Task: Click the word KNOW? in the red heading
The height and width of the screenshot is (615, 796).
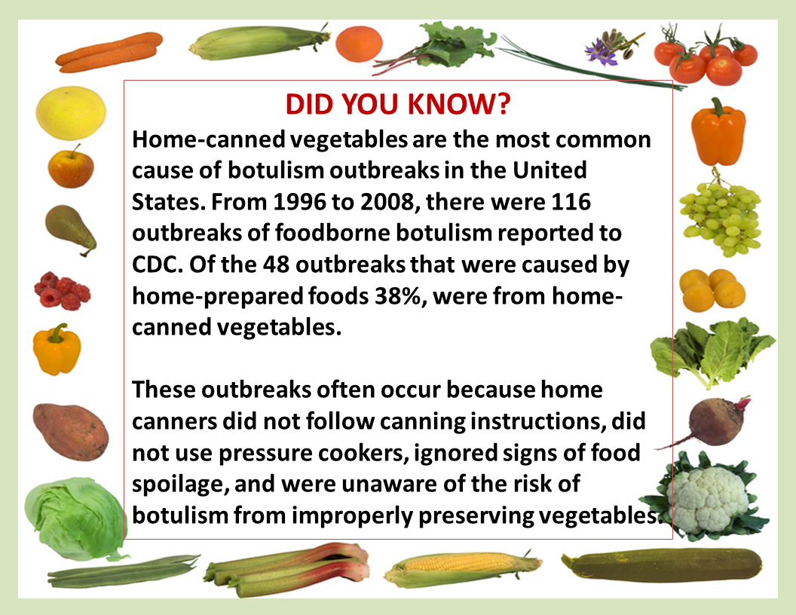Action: [459, 104]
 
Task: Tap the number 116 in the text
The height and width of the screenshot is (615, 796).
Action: [571, 201]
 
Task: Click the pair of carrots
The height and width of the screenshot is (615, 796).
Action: [109, 52]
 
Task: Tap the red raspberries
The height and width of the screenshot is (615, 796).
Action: [62, 291]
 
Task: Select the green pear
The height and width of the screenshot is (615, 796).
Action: [70, 230]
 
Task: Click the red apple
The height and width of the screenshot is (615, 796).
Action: [71, 167]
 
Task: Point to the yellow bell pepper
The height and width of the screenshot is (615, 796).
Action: [57, 350]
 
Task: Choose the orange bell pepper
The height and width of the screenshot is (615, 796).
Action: [718, 132]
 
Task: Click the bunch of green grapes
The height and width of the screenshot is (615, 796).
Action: [721, 216]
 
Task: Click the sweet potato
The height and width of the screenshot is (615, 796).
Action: [71, 431]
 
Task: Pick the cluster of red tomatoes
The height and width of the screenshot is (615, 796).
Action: [706, 56]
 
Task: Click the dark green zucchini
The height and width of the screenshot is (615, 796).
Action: [662, 565]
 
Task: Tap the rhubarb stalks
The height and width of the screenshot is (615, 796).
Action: [287, 568]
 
